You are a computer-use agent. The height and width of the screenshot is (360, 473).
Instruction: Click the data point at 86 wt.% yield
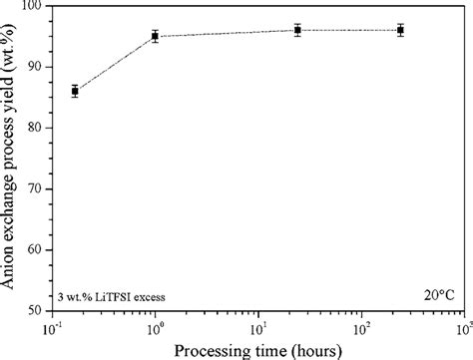point(75,91)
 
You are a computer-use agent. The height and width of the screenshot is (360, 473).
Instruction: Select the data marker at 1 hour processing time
point(155,36)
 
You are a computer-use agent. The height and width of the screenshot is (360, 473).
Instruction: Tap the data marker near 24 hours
point(297,30)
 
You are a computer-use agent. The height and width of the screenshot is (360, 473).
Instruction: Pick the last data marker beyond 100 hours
point(400,30)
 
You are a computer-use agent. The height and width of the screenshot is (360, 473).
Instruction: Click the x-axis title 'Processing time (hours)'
point(257,349)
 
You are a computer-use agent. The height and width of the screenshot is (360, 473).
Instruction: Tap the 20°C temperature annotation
point(436,296)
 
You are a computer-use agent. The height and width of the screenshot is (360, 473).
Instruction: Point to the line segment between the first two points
point(115,64)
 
